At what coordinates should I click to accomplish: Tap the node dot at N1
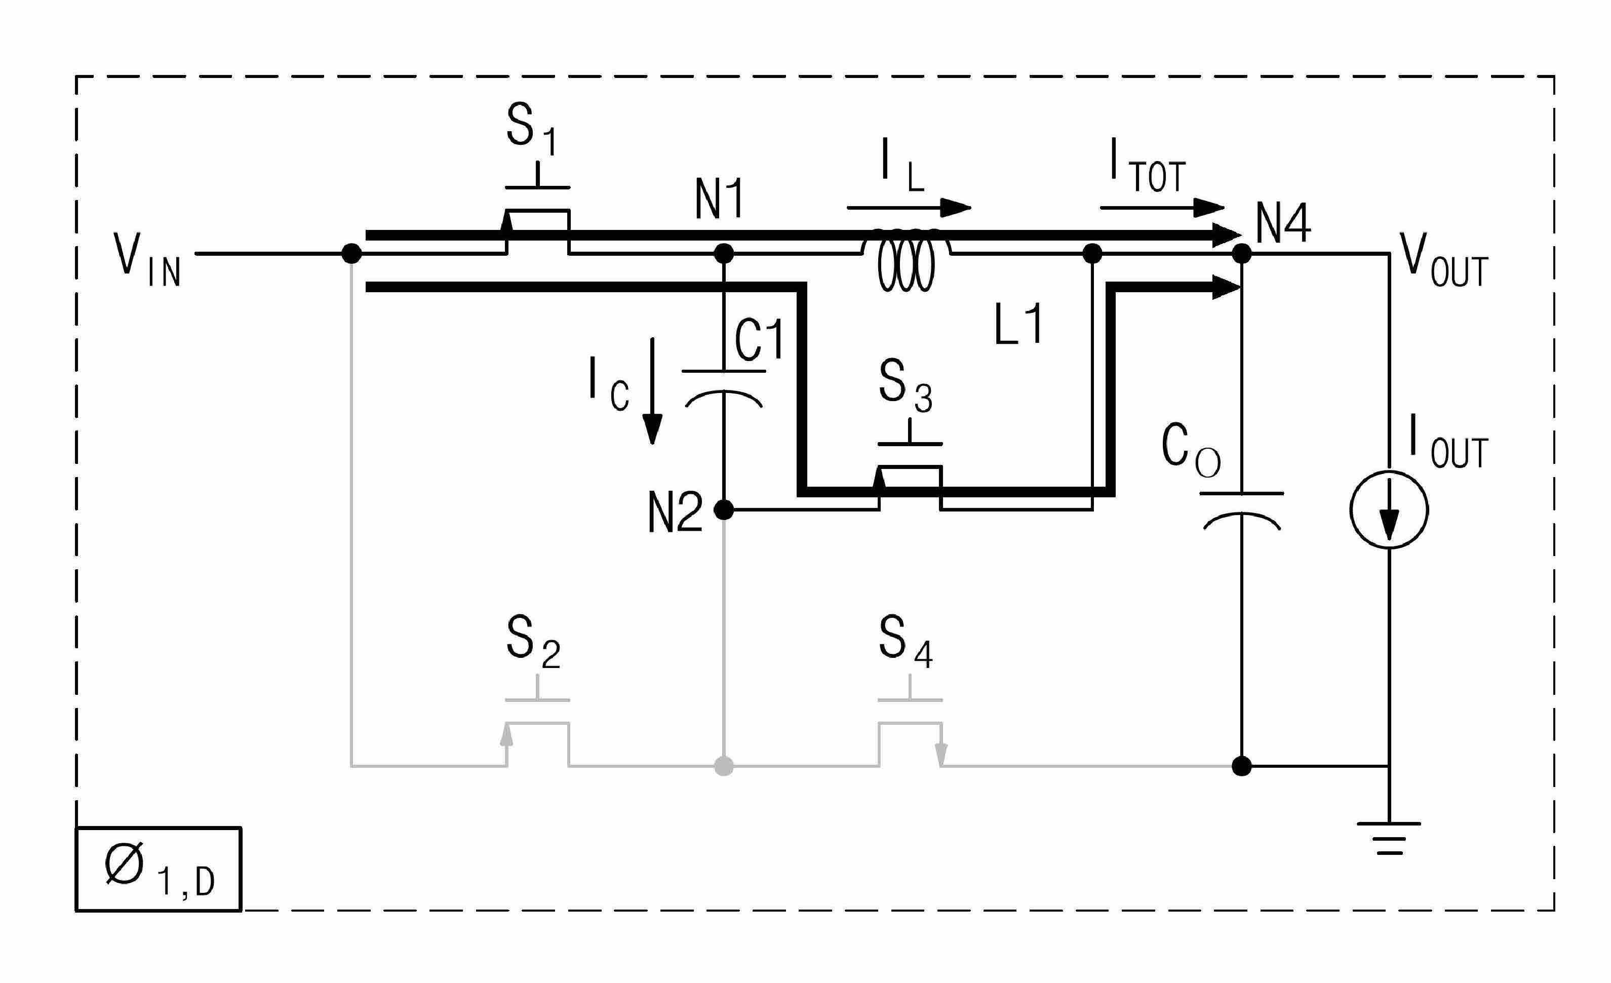point(723,254)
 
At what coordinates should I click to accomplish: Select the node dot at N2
point(723,509)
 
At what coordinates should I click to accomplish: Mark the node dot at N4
point(1241,254)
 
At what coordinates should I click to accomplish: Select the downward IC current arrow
point(652,390)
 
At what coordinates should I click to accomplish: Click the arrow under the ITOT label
point(1162,208)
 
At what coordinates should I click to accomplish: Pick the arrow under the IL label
point(909,208)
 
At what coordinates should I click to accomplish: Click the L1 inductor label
point(1017,325)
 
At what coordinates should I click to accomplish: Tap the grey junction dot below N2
point(723,766)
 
